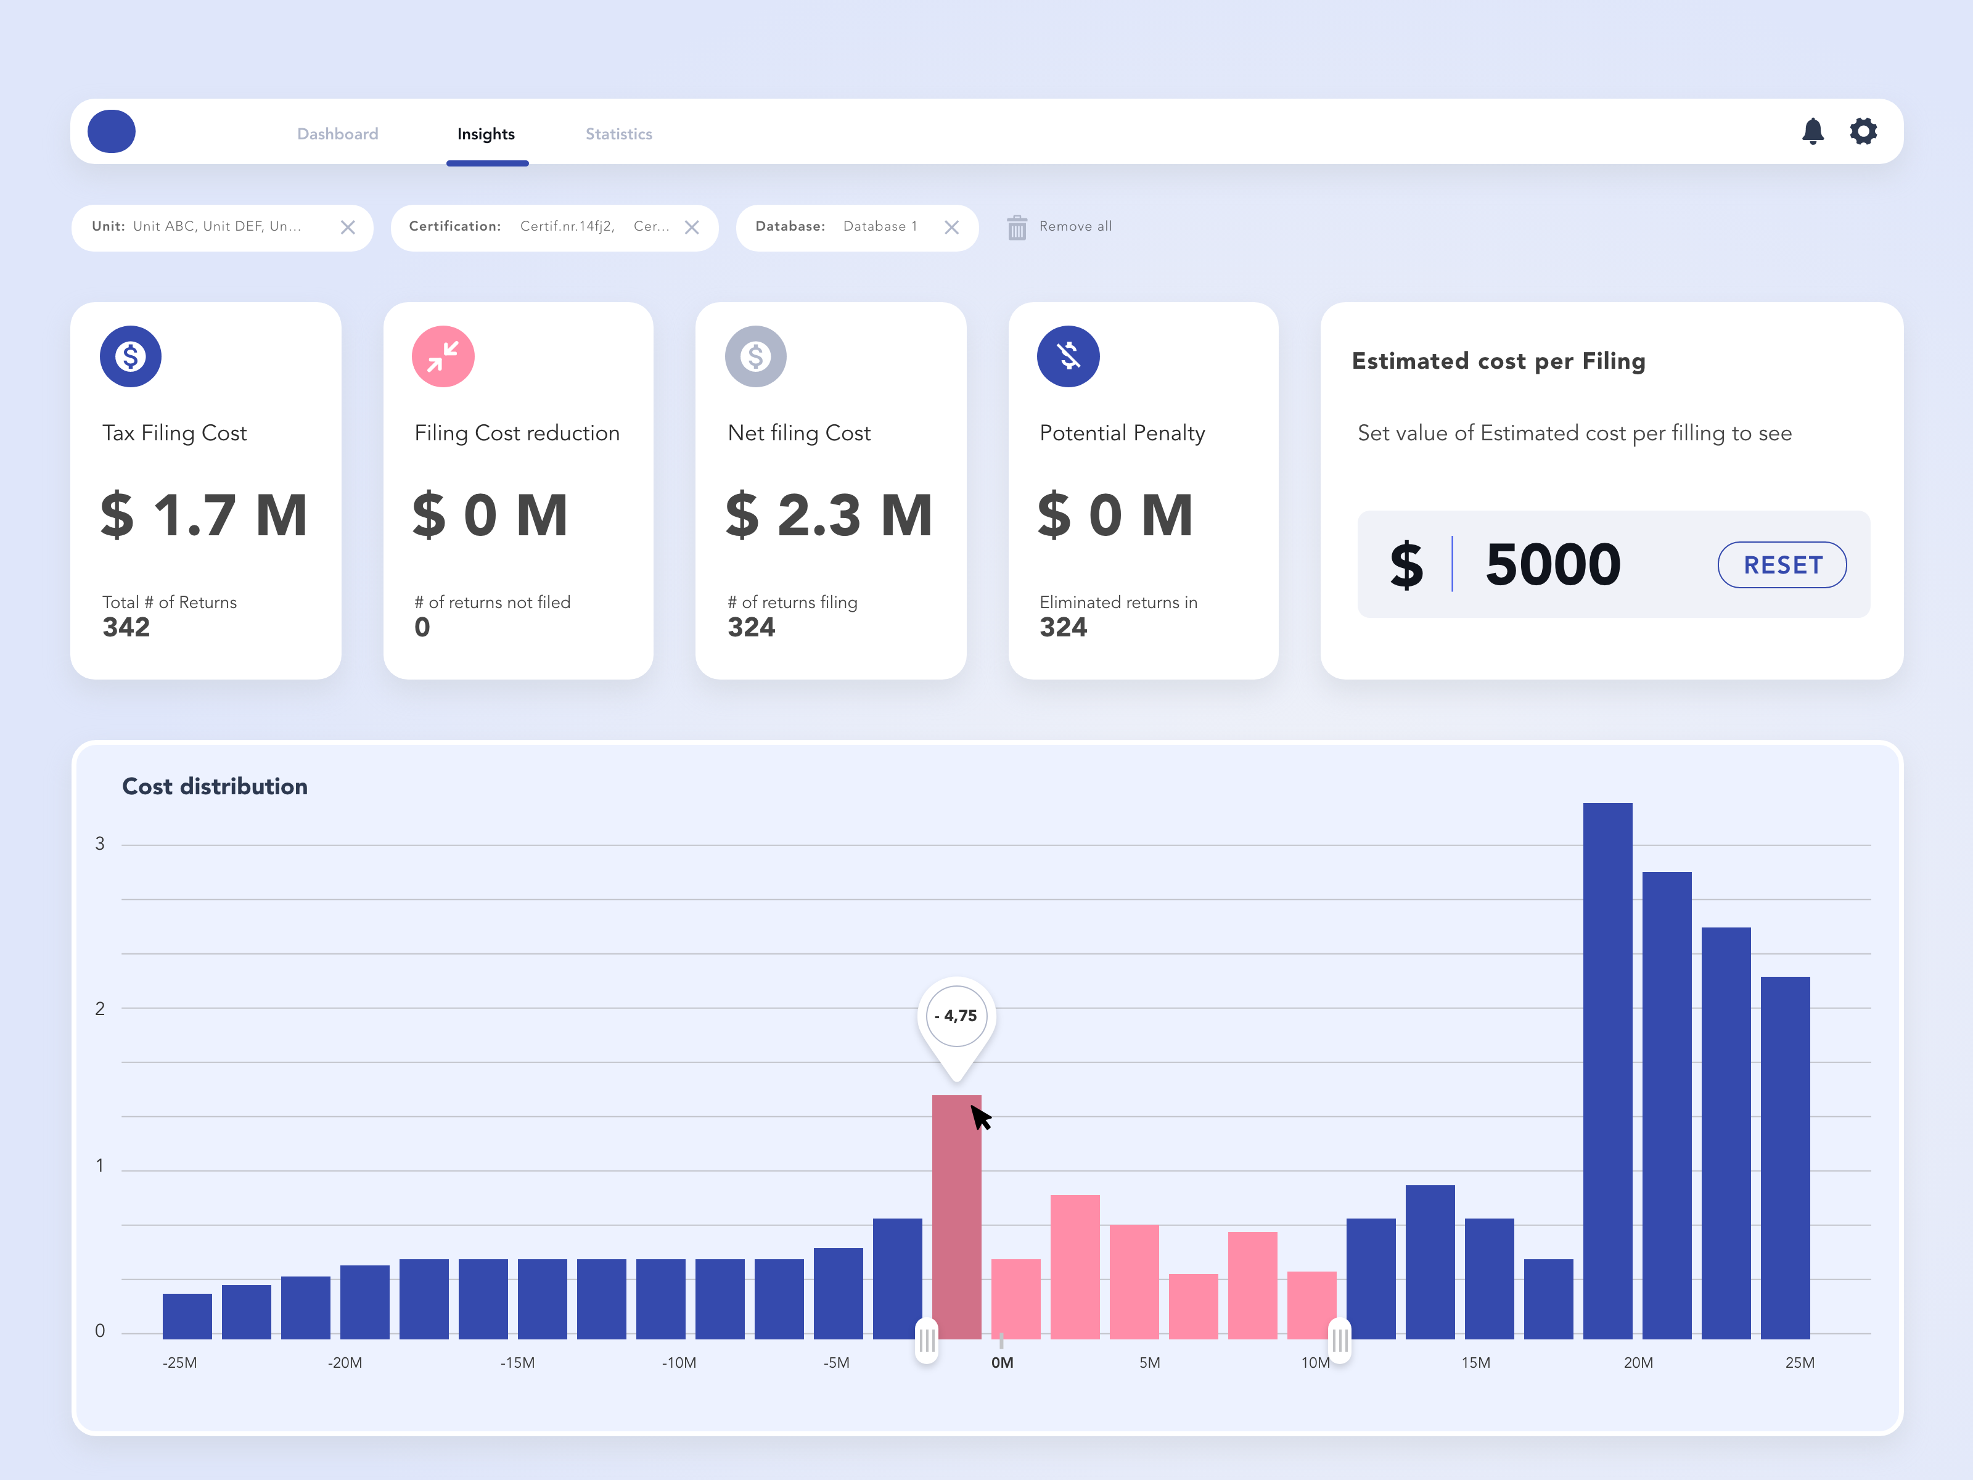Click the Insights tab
coord(486,134)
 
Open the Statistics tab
coord(619,134)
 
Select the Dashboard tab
coord(338,134)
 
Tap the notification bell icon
coord(1813,131)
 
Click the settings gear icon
coord(1863,131)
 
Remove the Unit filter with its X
coord(348,228)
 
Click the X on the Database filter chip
coord(952,228)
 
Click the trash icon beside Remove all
coord(1017,228)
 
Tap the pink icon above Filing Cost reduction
coord(443,356)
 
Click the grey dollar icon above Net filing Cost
coord(755,356)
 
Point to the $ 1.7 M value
coord(204,516)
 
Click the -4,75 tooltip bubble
coord(957,1016)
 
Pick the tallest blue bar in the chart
coord(1607,1071)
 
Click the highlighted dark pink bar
coord(956,1217)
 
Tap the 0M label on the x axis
coord(1003,1362)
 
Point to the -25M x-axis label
coord(179,1362)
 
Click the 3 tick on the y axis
coord(100,844)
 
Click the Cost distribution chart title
coord(215,786)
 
